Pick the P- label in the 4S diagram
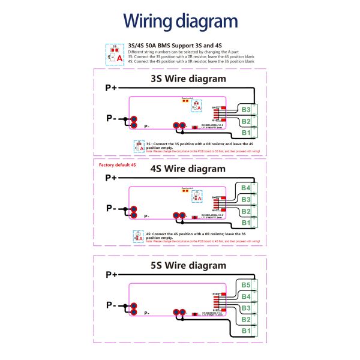point(111,208)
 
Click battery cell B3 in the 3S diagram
point(246,110)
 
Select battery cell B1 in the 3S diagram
point(246,132)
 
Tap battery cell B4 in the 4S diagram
point(246,188)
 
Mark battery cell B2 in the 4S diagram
point(246,211)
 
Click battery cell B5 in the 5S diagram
point(246,285)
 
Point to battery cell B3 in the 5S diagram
point(246,308)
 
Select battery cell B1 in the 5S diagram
point(246,331)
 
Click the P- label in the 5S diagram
point(111,304)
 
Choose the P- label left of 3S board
point(111,118)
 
